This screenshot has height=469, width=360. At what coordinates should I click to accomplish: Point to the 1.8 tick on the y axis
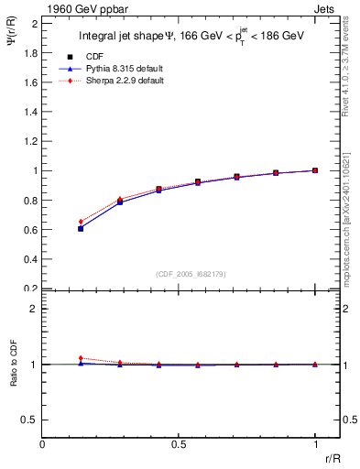point(30,52)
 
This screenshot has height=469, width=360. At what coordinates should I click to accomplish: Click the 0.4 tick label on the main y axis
point(30,259)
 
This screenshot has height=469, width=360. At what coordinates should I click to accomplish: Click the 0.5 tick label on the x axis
point(179,443)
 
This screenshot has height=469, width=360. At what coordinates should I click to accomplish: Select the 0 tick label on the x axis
point(43,443)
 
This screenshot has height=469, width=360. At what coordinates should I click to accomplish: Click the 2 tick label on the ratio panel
point(34,310)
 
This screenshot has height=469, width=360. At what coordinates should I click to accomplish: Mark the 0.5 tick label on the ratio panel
point(30,420)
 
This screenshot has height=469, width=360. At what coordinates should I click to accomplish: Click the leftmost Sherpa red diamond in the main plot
point(82,222)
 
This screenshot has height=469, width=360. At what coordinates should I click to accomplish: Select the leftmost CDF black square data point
point(82,228)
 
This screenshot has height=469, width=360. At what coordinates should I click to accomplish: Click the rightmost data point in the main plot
point(315,170)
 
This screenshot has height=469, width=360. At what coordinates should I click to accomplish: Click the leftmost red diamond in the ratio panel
point(82,358)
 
